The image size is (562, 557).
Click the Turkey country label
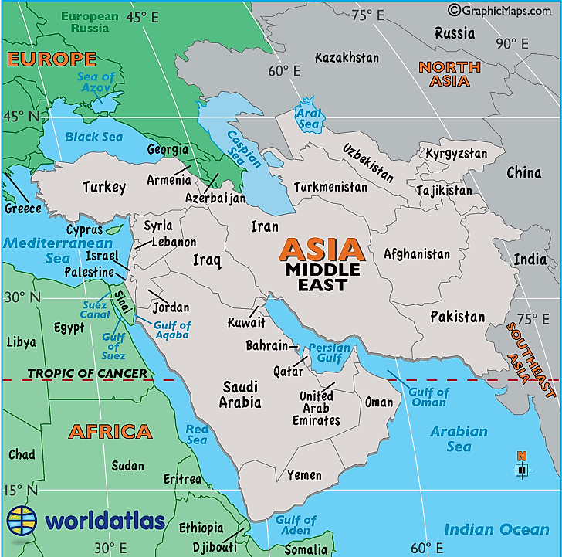[103, 187]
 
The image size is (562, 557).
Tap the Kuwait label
[247, 322]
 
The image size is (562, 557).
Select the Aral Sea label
[309, 118]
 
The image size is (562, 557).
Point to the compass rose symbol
[522, 467]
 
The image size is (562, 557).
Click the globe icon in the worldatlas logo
[22, 520]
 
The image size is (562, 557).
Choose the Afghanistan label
[417, 254]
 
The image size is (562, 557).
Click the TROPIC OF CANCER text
[87, 374]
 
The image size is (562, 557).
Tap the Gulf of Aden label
[296, 525]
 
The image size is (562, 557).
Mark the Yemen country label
[304, 475]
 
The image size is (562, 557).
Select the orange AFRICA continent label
[110, 431]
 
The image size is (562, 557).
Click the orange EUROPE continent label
[51, 59]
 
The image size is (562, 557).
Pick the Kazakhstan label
[347, 58]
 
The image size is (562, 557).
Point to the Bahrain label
[267, 345]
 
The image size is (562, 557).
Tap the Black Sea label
[93, 137]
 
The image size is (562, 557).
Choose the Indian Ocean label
[496, 529]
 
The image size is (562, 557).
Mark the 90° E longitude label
[511, 44]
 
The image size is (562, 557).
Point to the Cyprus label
[84, 229]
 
